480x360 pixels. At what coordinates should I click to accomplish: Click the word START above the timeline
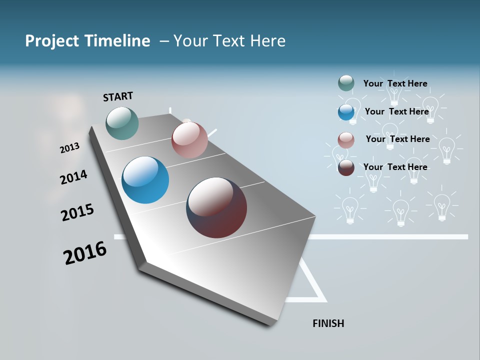pos(118,96)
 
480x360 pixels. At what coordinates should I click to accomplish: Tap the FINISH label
pos(328,323)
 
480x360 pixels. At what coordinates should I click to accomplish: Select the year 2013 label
pos(69,148)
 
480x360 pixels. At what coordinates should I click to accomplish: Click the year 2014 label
pos(73,177)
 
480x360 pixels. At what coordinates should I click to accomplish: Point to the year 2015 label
pos(77,212)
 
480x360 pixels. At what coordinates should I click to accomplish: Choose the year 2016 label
pos(85,253)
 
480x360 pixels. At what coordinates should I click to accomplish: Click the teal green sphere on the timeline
pos(122,123)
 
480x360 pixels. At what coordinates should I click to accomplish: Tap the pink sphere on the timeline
pos(189,140)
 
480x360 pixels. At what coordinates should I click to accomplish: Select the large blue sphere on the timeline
pos(145,180)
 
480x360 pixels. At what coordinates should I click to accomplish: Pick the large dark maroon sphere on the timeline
pos(216,207)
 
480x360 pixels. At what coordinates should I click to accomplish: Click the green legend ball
pos(346,83)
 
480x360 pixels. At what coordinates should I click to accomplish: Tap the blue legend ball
pos(346,112)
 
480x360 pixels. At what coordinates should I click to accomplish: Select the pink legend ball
pos(346,140)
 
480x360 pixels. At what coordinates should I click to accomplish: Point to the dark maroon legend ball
pos(346,167)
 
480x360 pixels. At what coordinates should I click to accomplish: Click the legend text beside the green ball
pos(395,83)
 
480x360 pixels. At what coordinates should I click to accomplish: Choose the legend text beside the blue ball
pos(396,111)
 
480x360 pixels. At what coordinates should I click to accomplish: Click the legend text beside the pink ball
pos(397,139)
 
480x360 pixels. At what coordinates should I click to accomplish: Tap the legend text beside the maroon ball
pos(395,167)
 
